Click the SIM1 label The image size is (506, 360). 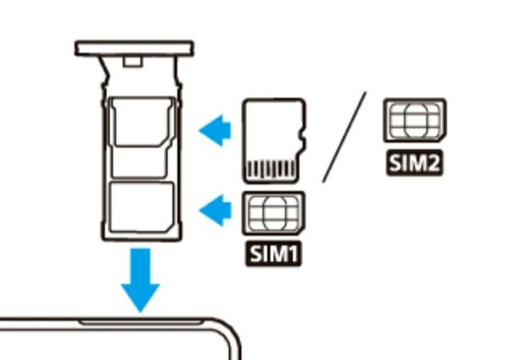coord(273,254)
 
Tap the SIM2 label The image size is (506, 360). coord(415,163)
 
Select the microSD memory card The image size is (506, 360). coord(274,141)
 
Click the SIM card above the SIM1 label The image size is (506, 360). coord(273,213)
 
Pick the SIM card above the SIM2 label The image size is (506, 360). coord(415,120)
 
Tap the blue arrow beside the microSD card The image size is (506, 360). coord(215,131)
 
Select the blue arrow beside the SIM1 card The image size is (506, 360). coord(215,210)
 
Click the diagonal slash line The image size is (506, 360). coord(344,137)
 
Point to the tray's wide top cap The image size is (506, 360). coord(134,48)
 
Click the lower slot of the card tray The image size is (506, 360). coord(141,207)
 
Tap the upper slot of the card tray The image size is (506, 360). coord(141,137)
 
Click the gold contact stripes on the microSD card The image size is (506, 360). coord(272,169)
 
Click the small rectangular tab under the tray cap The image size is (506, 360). coord(132,62)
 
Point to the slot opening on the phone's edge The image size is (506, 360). coord(140,321)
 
